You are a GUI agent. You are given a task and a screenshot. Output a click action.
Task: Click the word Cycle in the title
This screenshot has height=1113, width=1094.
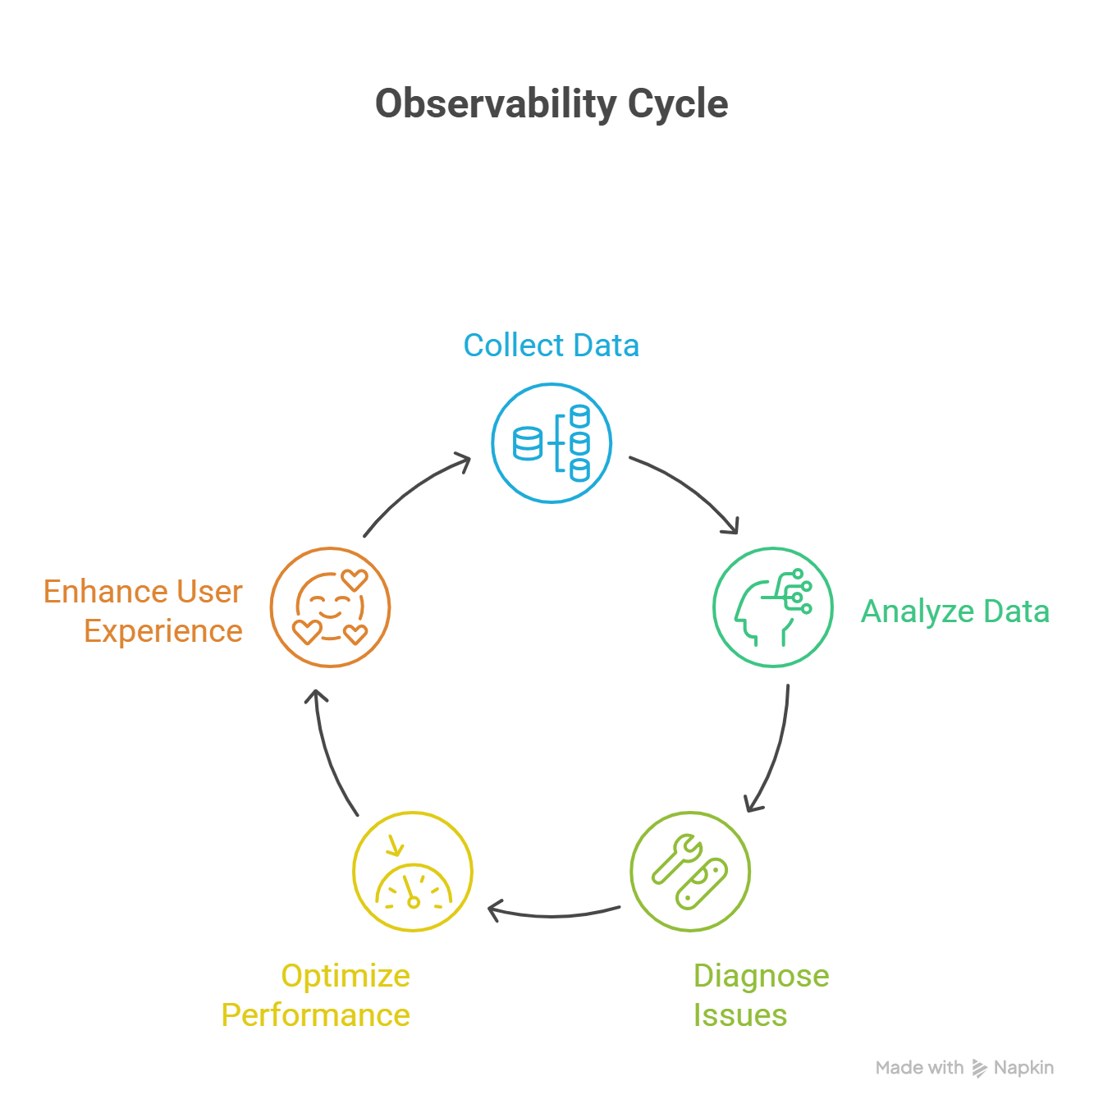pos(677,104)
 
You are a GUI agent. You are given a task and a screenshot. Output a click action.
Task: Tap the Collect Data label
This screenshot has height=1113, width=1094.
pos(552,346)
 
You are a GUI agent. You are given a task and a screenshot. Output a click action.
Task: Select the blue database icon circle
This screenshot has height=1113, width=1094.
pos(552,443)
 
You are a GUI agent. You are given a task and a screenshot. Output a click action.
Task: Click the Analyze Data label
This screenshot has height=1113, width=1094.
pos(954,611)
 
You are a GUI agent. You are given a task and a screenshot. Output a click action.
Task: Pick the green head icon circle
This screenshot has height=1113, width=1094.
pos(773,607)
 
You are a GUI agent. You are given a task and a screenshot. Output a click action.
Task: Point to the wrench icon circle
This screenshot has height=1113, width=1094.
pos(690,872)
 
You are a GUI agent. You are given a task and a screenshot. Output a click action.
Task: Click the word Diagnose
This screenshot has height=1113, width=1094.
pos(761,976)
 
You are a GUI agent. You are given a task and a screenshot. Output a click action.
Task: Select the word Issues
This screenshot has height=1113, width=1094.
pos(740,1015)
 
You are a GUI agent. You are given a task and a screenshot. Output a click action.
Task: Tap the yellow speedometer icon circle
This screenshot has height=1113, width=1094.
pos(413,872)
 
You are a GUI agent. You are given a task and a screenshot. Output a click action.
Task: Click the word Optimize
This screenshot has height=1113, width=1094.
pos(346,976)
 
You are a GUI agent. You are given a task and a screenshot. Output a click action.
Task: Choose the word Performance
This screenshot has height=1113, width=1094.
pos(316,1015)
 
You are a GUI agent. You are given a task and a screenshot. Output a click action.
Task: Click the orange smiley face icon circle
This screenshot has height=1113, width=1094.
pos(330,607)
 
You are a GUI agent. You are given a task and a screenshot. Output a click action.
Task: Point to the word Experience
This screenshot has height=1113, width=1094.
pos(163,631)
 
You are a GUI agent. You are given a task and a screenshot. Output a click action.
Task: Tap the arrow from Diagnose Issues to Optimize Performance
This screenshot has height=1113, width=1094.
pos(554,914)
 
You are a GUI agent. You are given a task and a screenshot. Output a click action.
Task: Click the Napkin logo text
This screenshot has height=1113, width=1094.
pos(1023,1068)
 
